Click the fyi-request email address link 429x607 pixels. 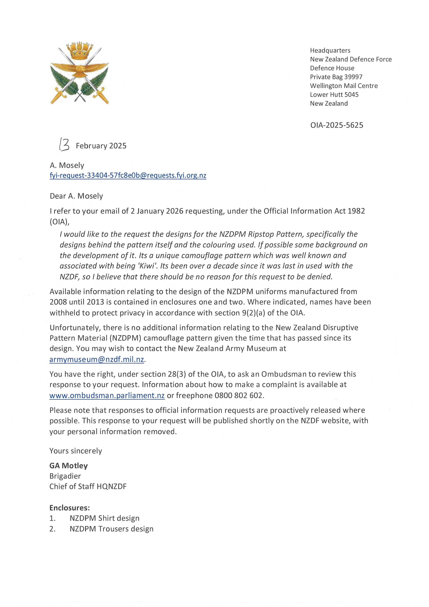click(x=128, y=176)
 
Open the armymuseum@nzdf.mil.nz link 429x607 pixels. click(x=97, y=360)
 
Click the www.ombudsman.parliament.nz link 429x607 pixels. click(x=107, y=396)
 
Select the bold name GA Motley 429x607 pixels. click(x=68, y=466)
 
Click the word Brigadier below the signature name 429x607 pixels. click(x=65, y=476)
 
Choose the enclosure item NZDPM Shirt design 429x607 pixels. click(x=104, y=518)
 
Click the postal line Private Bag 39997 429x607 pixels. click(x=336, y=77)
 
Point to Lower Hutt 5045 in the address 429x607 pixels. click(x=334, y=95)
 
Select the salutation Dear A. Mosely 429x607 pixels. click(x=76, y=196)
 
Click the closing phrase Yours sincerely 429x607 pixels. click(x=76, y=451)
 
